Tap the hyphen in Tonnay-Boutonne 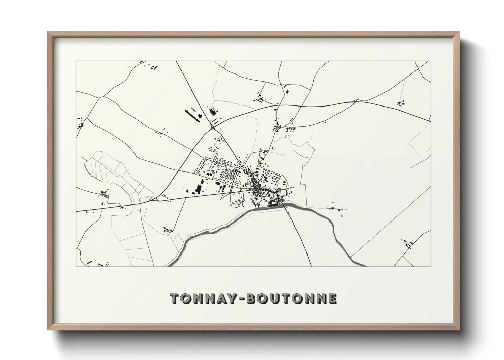click(x=242, y=299)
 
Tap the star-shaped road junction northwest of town click(x=212, y=128)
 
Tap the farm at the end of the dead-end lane click(x=167, y=230)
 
